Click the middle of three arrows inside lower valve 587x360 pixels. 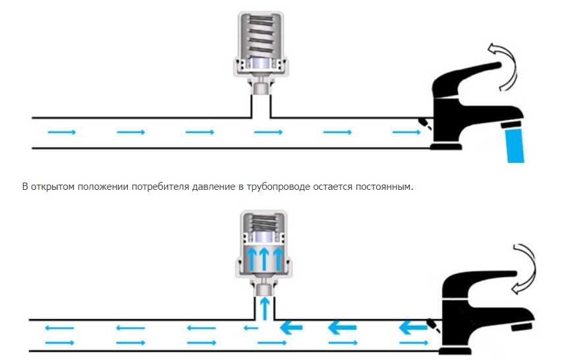tap(264, 258)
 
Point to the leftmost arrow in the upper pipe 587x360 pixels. tap(61, 133)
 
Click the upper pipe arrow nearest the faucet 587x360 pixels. tap(406, 133)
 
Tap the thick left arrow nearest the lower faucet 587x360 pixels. tap(412, 326)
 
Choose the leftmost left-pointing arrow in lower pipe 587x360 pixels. tap(60, 328)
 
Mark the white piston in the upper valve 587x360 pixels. tap(263, 64)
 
